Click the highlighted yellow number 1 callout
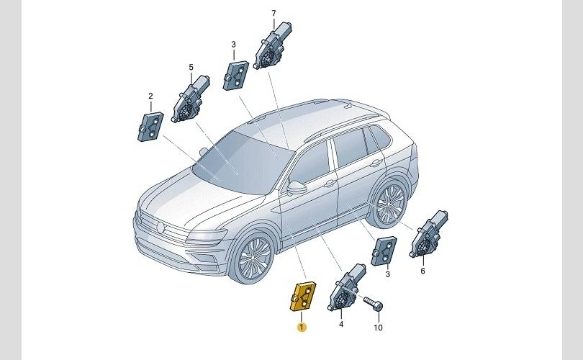pos(302,328)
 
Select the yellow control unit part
pos(302,297)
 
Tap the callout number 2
pos(150,96)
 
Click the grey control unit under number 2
pos(150,127)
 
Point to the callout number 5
pos(191,67)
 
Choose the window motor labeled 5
pos(190,99)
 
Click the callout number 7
pos(274,14)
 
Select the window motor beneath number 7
pos(273,45)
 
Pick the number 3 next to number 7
pos(233,44)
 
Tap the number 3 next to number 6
pos(388,274)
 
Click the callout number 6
pos(422,271)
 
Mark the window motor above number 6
pos(428,234)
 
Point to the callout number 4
pos(341,324)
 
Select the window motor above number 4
pos(346,287)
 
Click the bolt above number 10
pos(373,303)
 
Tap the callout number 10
pos(378,328)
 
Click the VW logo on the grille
pos(161,228)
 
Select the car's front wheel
pos(254,256)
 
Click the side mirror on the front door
pos(297,187)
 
